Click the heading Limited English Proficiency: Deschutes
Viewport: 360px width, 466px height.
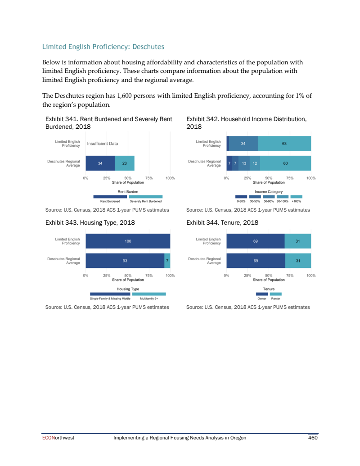103,47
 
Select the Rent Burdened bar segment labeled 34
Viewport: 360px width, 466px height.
100,163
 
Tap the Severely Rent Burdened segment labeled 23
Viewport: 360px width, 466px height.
124,163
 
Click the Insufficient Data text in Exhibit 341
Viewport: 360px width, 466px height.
103,144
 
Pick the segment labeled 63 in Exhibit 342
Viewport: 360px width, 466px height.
284,144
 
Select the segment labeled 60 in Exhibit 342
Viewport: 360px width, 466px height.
285,163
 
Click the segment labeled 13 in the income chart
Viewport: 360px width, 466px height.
244,163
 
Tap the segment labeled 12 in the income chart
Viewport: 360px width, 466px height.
255,163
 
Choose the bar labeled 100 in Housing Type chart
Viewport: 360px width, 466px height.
128,241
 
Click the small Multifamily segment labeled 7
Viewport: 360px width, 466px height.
167,261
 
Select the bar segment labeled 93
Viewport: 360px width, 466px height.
125,261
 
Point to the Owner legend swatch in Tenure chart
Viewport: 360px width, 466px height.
261,294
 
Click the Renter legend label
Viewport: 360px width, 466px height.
276,299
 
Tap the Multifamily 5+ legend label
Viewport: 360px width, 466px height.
149,299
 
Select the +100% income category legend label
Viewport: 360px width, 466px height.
296,201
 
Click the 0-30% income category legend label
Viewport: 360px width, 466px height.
241,201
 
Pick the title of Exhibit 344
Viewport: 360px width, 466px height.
222,222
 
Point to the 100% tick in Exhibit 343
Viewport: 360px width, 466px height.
170,275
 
